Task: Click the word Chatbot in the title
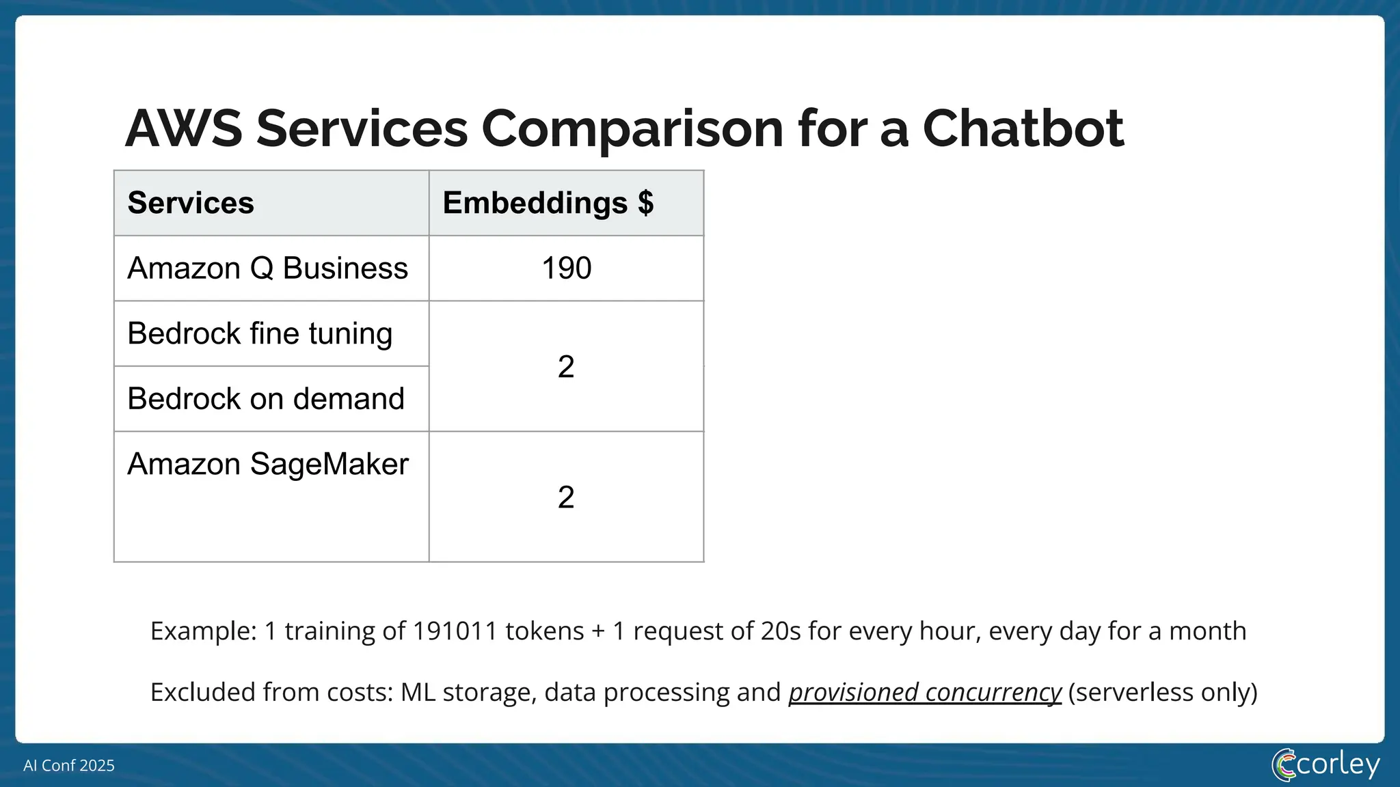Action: click(1023, 128)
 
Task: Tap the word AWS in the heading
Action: click(183, 128)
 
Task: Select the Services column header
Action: click(191, 203)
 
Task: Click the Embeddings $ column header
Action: click(548, 203)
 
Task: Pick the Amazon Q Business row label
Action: click(267, 268)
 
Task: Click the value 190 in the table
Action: click(566, 268)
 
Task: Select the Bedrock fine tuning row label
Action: click(260, 333)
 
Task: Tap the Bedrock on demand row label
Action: click(266, 399)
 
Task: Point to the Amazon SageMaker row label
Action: click(268, 464)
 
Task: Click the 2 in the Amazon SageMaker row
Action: click(566, 497)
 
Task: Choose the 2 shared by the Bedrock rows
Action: click(566, 367)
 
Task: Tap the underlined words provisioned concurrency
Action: click(925, 692)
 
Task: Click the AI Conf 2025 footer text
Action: click(69, 765)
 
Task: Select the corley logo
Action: click(1325, 764)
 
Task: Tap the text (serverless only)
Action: click(1163, 692)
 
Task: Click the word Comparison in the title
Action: click(632, 128)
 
